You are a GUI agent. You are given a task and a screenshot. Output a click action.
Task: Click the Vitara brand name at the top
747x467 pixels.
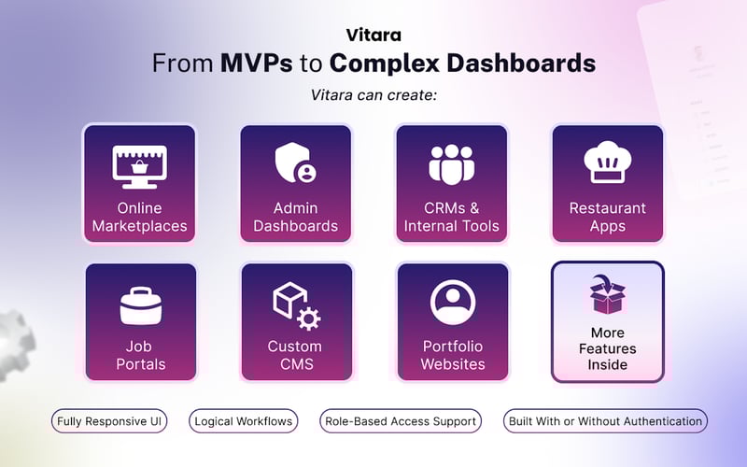click(x=373, y=35)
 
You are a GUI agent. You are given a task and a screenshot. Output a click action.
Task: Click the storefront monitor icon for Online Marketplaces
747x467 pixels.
click(x=139, y=165)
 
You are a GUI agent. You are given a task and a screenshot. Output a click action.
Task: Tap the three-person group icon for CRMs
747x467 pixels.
click(x=451, y=164)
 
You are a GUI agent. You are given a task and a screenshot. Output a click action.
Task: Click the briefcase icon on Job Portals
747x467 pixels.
click(x=139, y=304)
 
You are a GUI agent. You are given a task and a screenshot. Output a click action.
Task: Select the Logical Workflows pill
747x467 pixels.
click(x=244, y=421)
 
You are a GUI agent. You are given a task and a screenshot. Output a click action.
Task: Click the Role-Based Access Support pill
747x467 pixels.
click(x=401, y=421)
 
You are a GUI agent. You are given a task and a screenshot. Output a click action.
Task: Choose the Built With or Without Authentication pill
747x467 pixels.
click(x=605, y=421)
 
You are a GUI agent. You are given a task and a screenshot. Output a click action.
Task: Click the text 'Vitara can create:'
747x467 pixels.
click(x=373, y=95)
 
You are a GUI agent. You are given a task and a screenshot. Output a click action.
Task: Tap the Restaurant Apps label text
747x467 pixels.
click(x=607, y=217)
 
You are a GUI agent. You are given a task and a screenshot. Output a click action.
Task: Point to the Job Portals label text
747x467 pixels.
click(x=139, y=355)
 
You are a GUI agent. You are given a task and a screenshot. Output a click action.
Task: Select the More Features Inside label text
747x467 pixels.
click(x=607, y=348)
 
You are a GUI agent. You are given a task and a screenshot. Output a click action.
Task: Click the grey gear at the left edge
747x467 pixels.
click(x=14, y=340)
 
